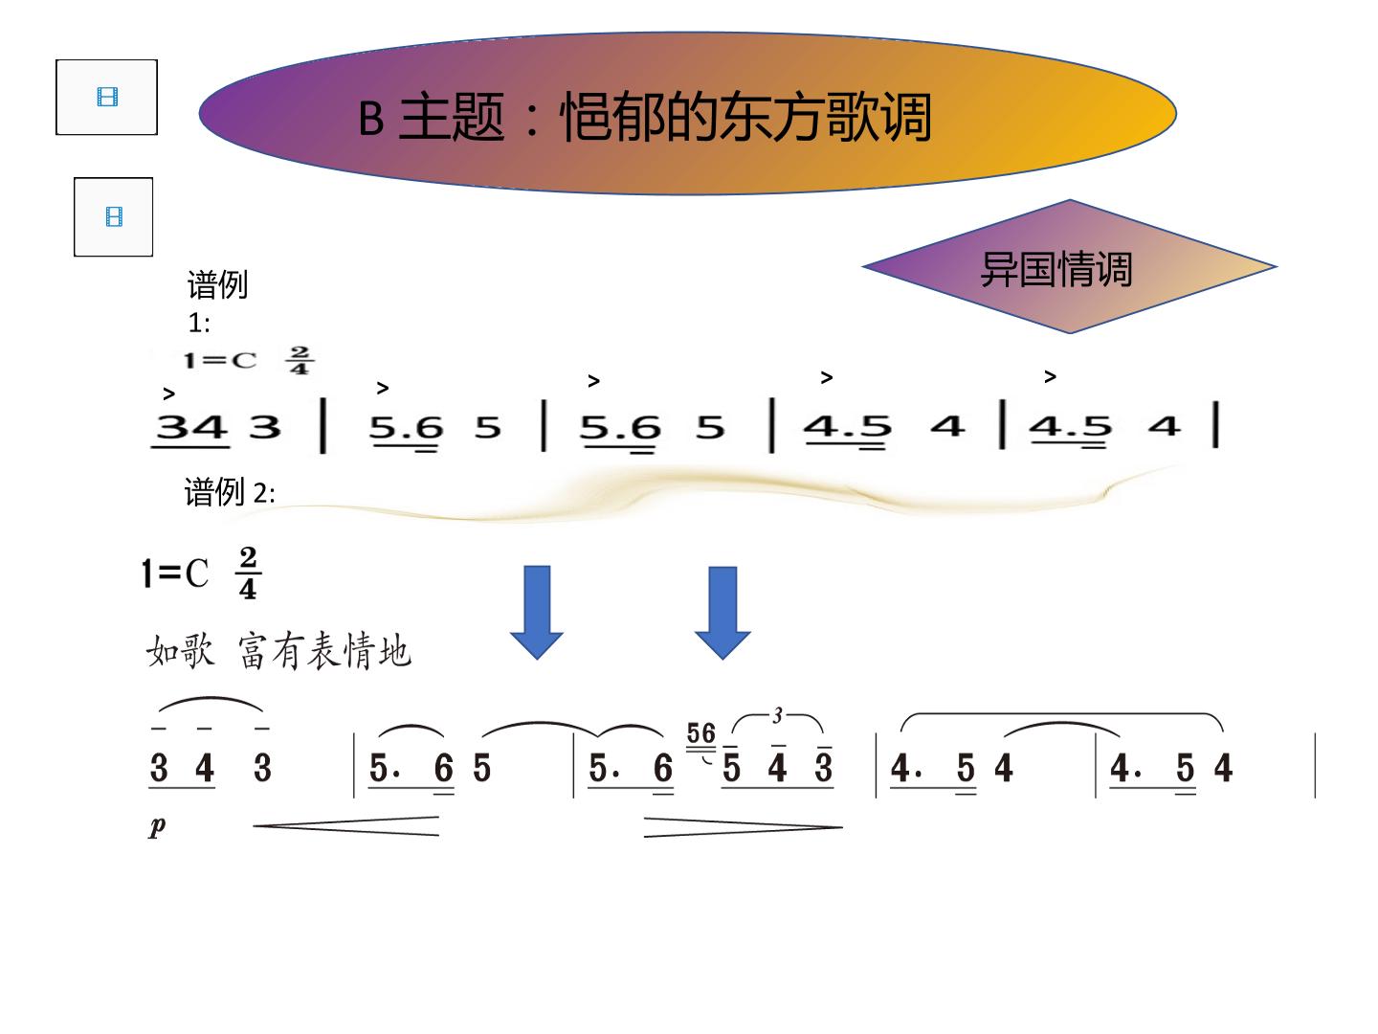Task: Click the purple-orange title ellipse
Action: tap(687, 114)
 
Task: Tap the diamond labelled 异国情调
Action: tap(1070, 267)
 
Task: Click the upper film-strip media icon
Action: tap(107, 98)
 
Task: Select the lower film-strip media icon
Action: tap(114, 216)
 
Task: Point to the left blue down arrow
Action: tap(537, 612)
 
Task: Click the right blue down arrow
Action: tap(722, 612)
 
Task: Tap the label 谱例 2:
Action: tap(229, 491)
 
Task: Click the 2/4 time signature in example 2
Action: tap(248, 573)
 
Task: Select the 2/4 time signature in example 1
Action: tap(300, 360)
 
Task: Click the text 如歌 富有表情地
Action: tap(278, 651)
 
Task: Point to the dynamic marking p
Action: tap(157, 827)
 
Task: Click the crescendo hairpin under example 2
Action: tap(345, 826)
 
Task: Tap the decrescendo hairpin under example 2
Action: tap(744, 827)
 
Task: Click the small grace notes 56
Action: tap(701, 733)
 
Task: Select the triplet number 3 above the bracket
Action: tap(778, 716)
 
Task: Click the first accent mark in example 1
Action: tap(168, 394)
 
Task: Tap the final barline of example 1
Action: tap(1216, 424)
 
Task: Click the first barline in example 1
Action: tap(323, 425)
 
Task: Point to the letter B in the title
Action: tap(371, 119)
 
